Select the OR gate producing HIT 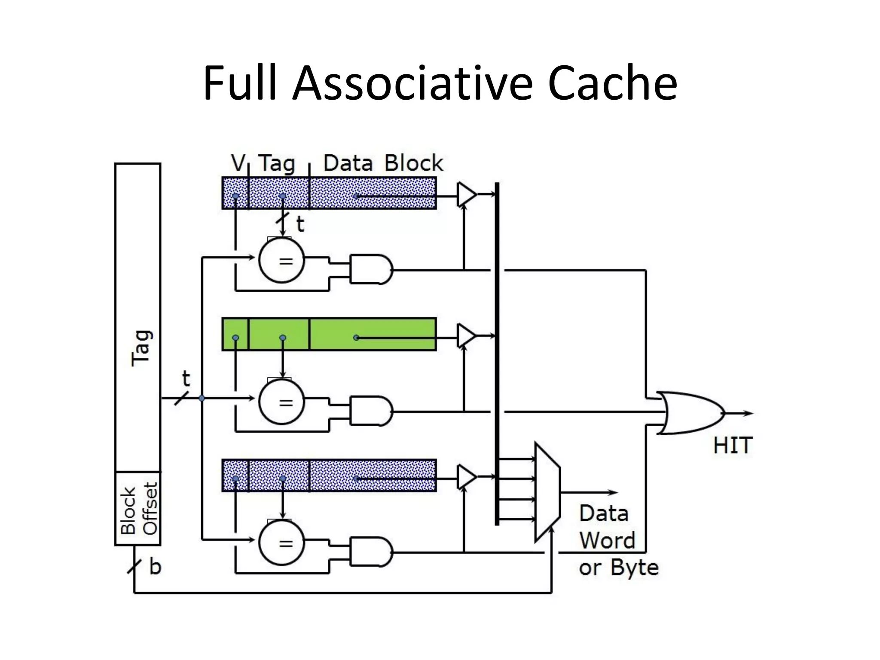coord(690,413)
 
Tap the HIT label coord(733,445)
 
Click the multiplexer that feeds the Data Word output coord(547,492)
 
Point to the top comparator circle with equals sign coord(282,260)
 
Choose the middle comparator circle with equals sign coord(282,402)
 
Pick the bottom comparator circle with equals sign coord(282,543)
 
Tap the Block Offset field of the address coord(138,509)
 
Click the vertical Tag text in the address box coord(141,348)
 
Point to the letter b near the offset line coord(155,567)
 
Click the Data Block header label coord(382,163)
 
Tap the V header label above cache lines coord(237,163)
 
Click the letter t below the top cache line coord(300,224)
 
